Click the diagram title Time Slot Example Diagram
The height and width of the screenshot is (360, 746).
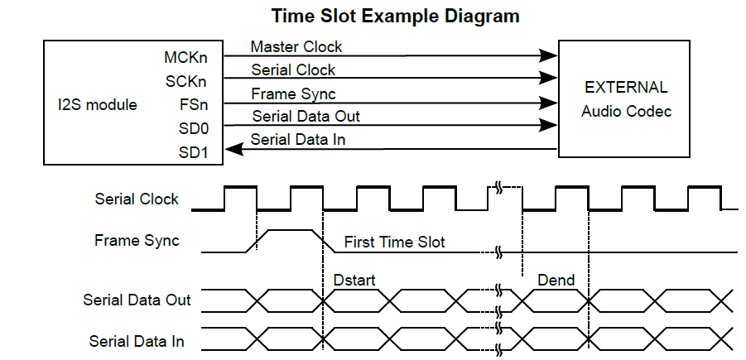395,16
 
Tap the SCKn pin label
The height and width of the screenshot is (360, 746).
186,81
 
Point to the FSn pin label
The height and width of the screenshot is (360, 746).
192,105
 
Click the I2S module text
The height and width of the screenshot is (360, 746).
92,105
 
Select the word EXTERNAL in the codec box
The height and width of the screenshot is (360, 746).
625,88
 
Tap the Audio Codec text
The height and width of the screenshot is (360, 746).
626,111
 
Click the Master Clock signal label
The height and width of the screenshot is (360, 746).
296,47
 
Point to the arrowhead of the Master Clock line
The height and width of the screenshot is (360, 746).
549,55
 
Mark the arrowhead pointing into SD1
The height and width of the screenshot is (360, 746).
233,149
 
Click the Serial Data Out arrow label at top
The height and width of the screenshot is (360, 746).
306,117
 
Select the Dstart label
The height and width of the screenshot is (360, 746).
354,281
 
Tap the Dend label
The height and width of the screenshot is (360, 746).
556,281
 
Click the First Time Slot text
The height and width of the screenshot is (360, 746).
394,242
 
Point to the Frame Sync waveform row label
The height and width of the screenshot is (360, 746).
137,241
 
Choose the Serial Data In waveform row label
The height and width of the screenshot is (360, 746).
137,340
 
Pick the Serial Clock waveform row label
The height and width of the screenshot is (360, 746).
137,199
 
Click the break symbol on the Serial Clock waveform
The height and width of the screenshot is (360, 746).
499,189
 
